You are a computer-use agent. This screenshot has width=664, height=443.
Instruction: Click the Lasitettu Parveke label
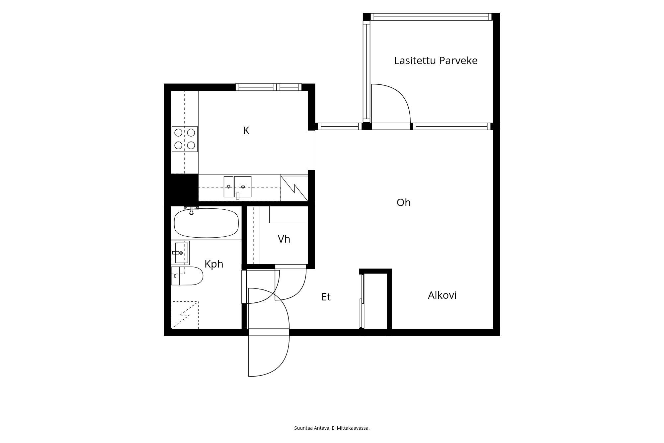(436, 60)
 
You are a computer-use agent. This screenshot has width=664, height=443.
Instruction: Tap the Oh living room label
(403, 202)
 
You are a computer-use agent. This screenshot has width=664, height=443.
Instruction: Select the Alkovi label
(442, 295)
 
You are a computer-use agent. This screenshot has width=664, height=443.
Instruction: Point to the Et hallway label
(326, 297)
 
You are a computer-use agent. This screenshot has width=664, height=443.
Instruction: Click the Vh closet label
(284, 239)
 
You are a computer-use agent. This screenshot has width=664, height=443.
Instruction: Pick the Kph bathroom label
(214, 264)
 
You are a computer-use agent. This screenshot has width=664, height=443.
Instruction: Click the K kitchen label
(246, 131)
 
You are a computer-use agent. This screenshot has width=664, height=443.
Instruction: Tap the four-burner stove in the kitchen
(185, 139)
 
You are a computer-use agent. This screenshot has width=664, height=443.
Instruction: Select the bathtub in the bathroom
(206, 223)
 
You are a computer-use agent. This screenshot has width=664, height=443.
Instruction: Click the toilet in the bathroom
(187, 276)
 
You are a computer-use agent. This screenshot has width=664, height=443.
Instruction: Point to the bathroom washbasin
(180, 253)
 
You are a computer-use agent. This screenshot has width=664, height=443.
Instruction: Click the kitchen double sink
(237, 187)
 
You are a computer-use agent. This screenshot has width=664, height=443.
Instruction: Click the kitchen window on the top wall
(269, 87)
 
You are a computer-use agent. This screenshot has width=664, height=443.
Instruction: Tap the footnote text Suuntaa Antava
(312, 428)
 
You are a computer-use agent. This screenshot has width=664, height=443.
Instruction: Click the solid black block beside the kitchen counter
(185, 187)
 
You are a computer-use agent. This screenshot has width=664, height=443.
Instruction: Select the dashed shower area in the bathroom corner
(185, 315)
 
